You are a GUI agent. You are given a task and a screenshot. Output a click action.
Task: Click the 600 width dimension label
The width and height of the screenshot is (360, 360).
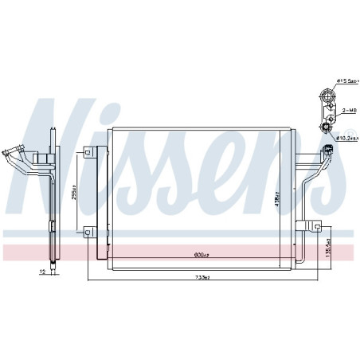coord(200,254)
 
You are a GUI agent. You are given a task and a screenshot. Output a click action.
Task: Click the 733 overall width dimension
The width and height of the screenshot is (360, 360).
coord(202,277)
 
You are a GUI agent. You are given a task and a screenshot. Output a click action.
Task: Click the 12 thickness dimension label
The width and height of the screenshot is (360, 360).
coord(42,272)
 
